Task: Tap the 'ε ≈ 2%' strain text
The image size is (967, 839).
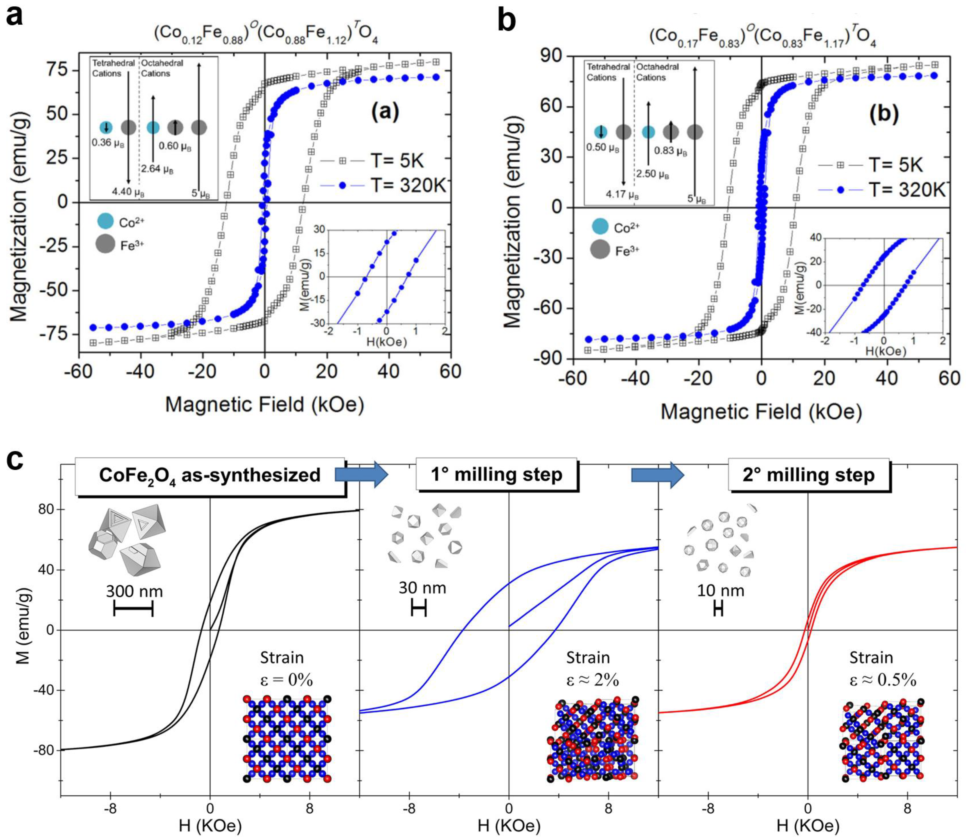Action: point(592,680)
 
